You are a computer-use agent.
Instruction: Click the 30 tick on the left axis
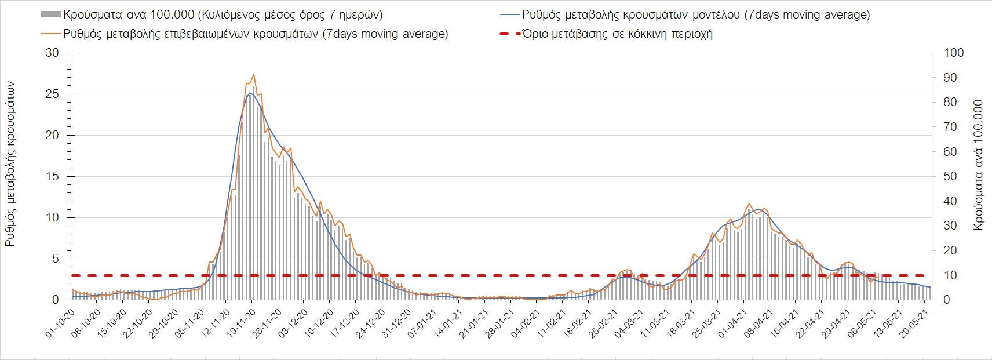[53, 53]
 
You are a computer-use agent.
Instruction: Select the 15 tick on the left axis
[53, 177]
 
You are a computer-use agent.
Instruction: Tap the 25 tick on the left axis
[53, 94]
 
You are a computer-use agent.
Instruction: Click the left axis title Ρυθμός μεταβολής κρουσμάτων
[10, 164]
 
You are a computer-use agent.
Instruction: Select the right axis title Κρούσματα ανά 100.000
[979, 165]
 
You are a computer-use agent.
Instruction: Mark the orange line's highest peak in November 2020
[254, 74]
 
